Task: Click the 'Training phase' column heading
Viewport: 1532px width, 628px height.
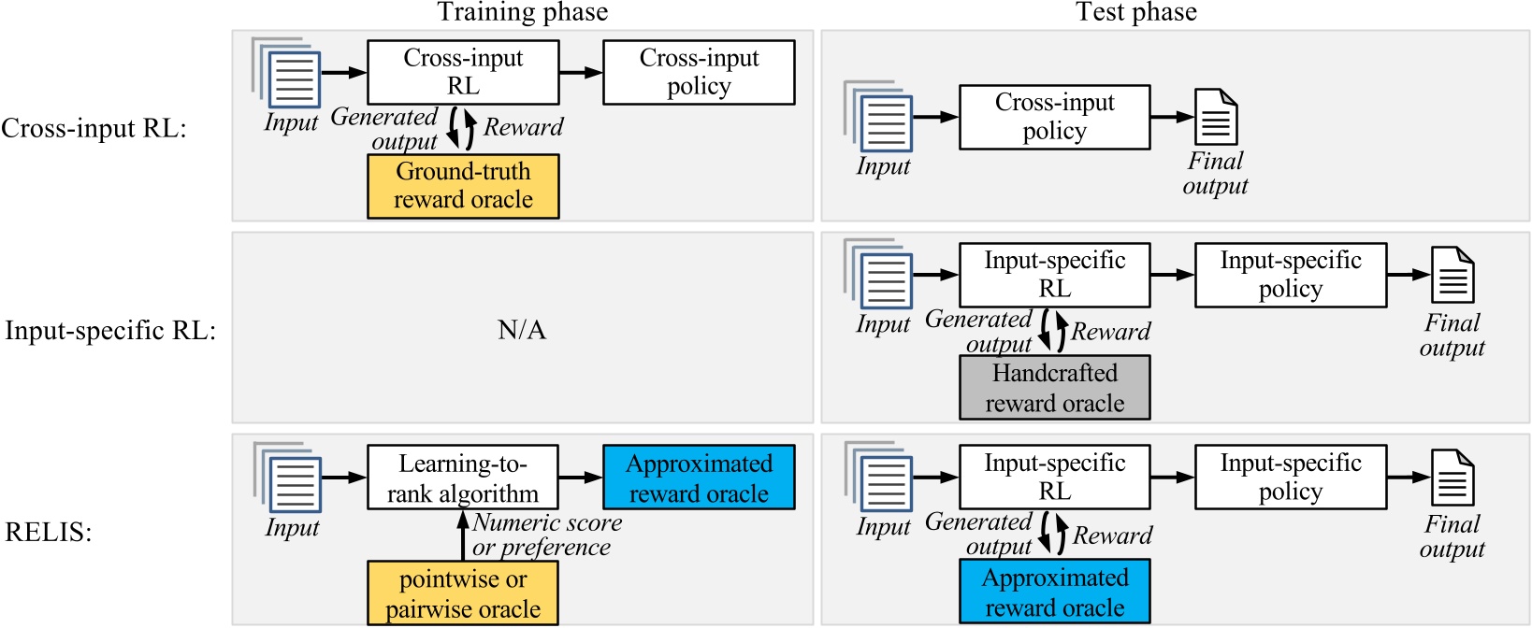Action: coord(522,12)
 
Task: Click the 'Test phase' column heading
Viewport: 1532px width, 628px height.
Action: coord(1135,12)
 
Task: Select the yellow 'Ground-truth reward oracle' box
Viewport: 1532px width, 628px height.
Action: coord(463,186)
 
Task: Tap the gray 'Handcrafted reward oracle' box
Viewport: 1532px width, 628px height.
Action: coord(1054,388)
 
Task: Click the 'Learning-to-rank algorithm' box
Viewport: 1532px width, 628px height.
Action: coord(463,478)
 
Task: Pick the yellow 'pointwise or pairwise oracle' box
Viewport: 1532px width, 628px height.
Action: coord(463,593)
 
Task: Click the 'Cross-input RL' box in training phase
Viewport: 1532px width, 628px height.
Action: coord(463,72)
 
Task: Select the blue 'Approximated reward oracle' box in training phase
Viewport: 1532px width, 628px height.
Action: coord(699,478)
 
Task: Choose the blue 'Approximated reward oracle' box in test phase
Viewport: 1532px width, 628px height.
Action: coord(1054,592)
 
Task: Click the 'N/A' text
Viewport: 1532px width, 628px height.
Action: coord(522,330)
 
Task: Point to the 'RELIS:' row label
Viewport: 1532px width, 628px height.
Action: coord(49,533)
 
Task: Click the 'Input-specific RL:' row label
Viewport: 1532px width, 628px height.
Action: coord(110,331)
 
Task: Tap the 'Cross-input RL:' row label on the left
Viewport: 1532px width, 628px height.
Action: coord(94,128)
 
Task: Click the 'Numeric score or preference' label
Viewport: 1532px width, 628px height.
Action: coord(546,535)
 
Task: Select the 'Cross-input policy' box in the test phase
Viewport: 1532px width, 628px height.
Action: coord(1054,117)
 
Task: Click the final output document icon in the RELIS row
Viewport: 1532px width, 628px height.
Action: coord(1452,477)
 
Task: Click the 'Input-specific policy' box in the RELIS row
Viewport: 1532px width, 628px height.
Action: coord(1290,477)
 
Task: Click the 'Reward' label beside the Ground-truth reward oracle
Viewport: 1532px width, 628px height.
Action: coord(523,127)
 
